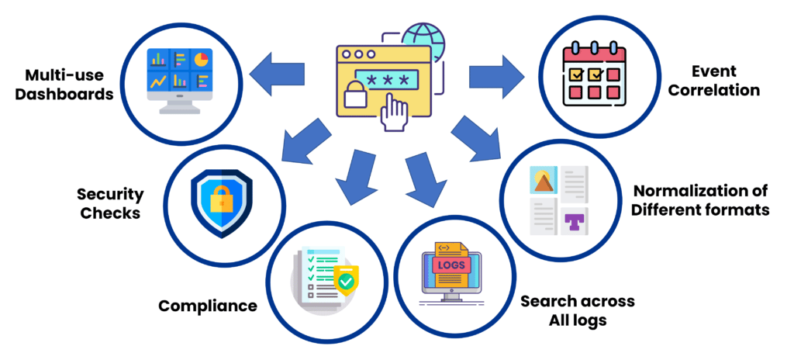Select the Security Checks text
point(109,202)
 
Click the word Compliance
point(207,306)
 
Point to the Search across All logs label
point(577,310)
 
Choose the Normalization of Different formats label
point(699,200)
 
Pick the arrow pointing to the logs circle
point(423,175)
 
